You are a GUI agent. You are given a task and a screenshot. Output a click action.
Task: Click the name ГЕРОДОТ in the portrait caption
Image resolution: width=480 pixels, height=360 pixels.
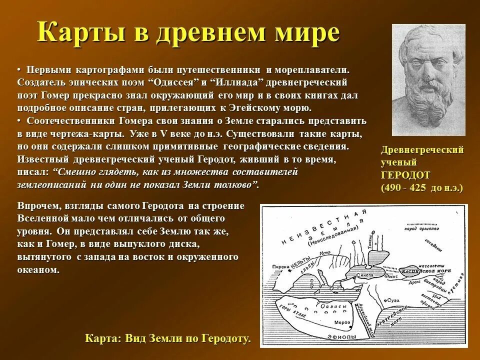coord(405,175)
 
